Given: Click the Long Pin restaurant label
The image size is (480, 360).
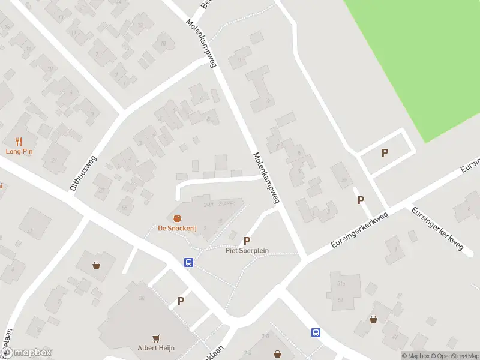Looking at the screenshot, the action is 19,151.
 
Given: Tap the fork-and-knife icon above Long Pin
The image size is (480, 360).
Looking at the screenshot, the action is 19,142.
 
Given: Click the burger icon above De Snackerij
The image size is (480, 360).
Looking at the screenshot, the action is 177,218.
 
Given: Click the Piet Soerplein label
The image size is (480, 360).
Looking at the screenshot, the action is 247,250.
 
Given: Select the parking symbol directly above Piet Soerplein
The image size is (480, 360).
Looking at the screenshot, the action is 247,241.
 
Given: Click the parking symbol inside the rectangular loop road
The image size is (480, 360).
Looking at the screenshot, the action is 385,153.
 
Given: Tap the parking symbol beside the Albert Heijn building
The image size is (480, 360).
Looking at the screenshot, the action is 181,301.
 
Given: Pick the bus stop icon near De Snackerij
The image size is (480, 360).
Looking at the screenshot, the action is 188,262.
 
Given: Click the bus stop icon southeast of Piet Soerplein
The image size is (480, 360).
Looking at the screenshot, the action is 315,332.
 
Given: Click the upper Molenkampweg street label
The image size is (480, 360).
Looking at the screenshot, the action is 201,42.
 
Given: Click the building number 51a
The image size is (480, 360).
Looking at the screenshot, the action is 341,284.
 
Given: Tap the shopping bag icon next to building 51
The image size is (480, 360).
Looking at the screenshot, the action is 373,319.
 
